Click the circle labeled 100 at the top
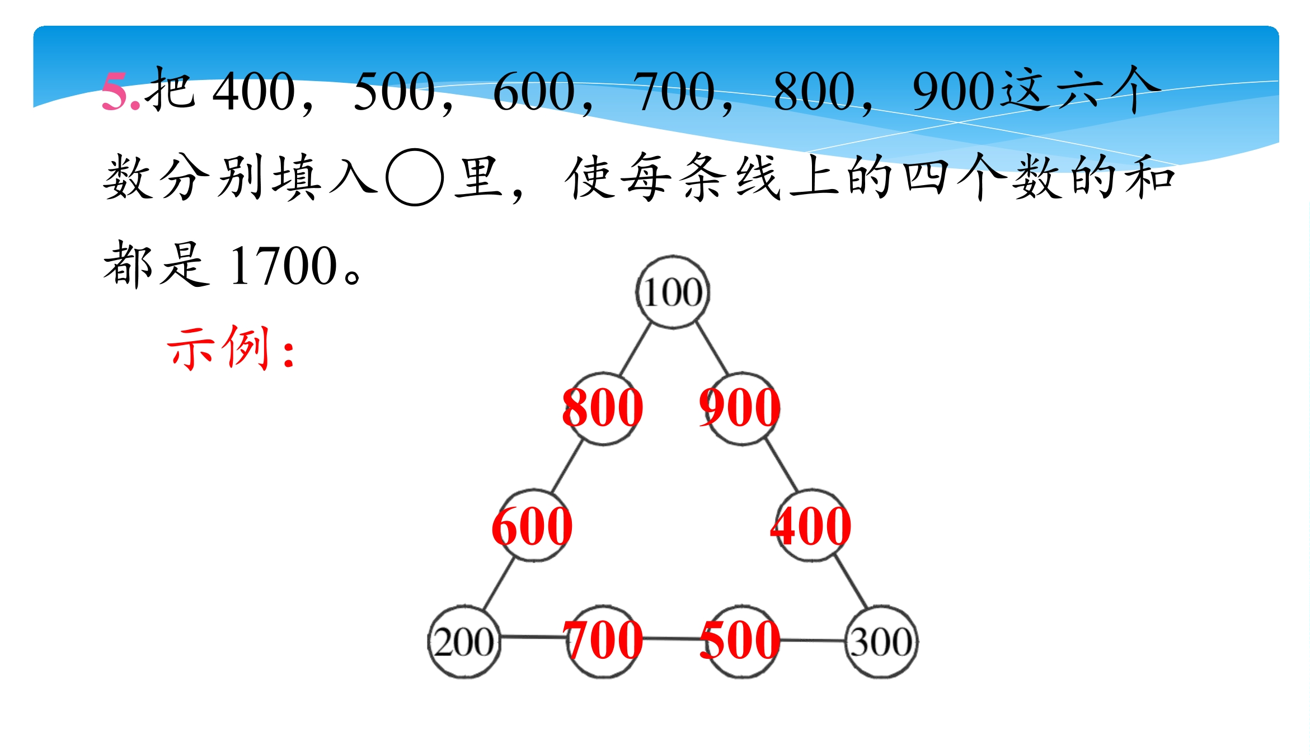tap(673, 292)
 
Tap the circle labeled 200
tap(464, 642)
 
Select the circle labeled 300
tap(881, 642)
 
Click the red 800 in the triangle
tap(603, 408)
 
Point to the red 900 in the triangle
tap(740, 408)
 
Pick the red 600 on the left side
tap(532, 526)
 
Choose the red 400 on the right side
tap(811, 526)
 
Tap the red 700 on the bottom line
tap(603, 640)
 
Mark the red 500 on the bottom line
tap(740, 640)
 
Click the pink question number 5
tap(120, 92)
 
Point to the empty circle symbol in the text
tap(415, 177)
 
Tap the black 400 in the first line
tap(254, 91)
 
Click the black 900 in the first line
tap(954, 91)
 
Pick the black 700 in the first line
tap(674, 91)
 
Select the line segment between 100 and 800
tap(636, 349)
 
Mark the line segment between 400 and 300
tap(851, 582)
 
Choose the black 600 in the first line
tap(534, 91)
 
